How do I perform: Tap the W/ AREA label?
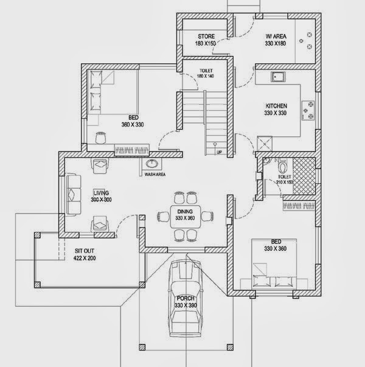pos(276,35)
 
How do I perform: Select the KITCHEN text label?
pos(276,106)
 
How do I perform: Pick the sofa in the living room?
pos(73,194)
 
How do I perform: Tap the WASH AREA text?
pos(155,175)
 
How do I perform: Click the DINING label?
pos(184,211)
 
